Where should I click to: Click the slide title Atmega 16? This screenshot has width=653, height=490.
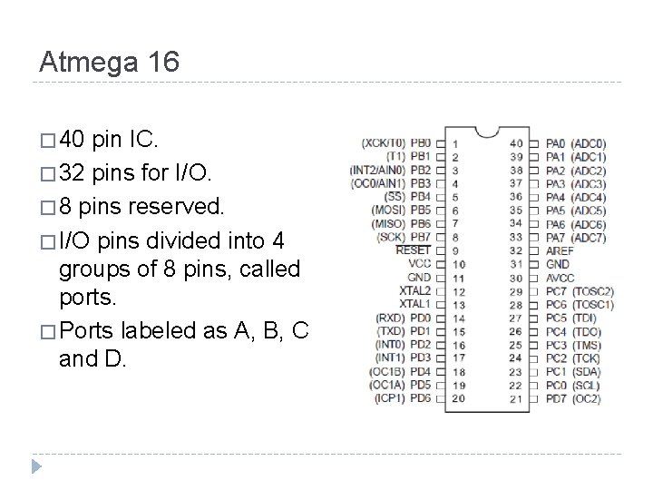(x=110, y=62)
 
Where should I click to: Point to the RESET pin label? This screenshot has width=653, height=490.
(x=414, y=250)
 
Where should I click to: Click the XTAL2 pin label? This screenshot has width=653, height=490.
(x=415, y=290)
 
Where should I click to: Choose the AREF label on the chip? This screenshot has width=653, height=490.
(x=560, y=250)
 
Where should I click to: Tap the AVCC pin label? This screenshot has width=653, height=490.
(x=560, y=278)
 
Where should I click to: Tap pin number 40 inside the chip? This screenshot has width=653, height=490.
(x=516, y=143)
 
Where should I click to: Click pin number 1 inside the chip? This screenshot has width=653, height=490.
(x=455, y=143)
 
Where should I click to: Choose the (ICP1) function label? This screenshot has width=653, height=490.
(x=387, y=398)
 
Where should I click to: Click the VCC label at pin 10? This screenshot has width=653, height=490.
(x=419, y=263)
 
